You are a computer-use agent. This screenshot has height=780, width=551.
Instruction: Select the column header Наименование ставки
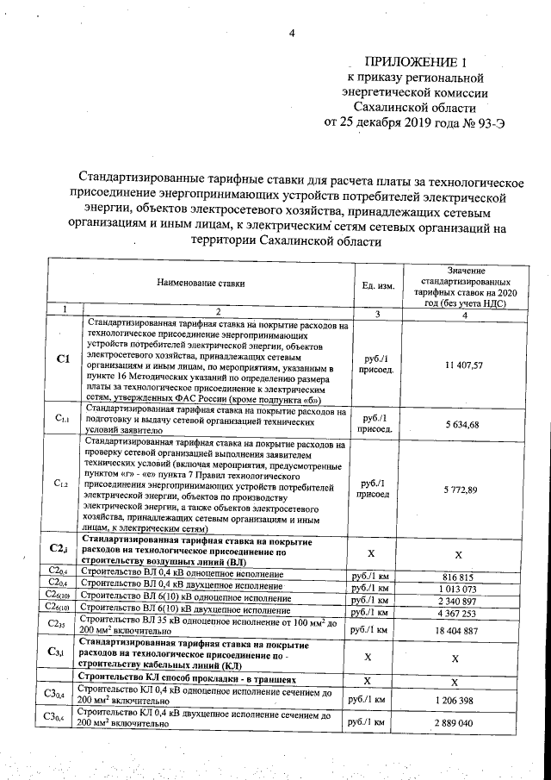coord(200,282)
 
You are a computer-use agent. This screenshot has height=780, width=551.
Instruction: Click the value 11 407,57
coord(463,365)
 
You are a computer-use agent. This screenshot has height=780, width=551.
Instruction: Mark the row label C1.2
coord(61,484)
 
